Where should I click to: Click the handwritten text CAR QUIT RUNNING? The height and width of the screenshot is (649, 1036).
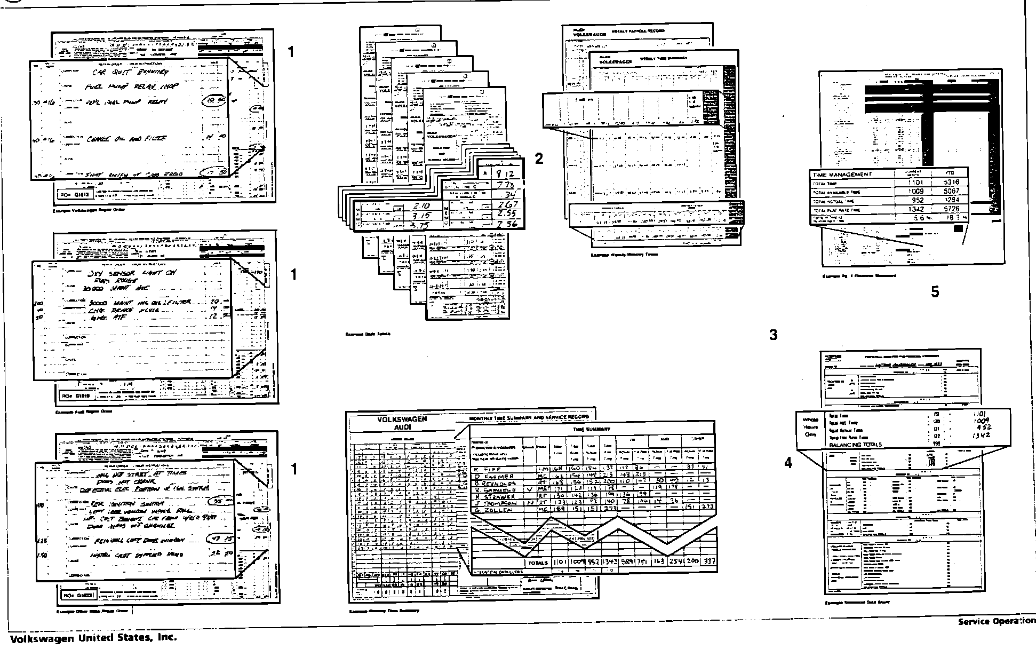point(130,72)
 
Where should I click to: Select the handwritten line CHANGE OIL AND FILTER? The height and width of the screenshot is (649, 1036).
point(126,139)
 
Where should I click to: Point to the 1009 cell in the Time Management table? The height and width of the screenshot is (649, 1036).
point(915,191)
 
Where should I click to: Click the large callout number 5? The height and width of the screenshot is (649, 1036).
point(935,292)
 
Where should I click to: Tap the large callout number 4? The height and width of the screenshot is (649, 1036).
point(788,463)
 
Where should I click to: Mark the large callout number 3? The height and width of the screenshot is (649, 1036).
point(773,335)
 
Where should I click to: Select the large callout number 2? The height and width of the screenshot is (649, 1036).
point(539,159)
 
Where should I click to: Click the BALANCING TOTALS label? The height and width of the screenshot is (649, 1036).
point(855,445)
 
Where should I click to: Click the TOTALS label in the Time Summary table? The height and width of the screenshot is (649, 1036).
point(537,563)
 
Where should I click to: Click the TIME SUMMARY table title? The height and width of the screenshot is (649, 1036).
point(592,429)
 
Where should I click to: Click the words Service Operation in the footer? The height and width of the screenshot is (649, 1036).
point(996,621)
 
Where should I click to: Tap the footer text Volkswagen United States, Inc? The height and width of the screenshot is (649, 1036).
point(93,638)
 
